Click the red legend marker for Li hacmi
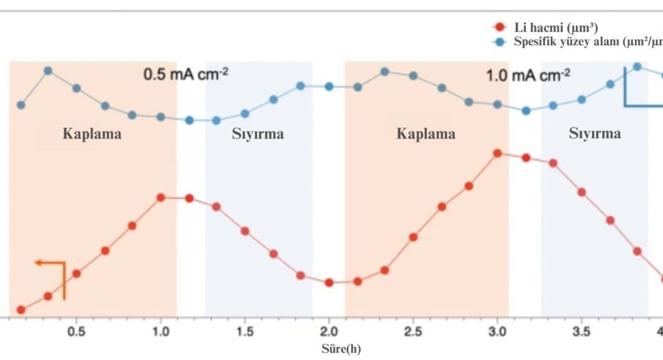(x=498, y=27)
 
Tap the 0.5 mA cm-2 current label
(x=186, y=74)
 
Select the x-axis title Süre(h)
(x=340, y=348)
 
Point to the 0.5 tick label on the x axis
(x=76, y=331)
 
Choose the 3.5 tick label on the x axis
(x=582, y=331)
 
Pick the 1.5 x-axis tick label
(x=245, y=331)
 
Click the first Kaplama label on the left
(x=92, y=134)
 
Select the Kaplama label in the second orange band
(x=426, y=134)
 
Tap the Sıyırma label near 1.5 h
(x=258, y=134)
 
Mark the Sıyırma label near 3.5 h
(x=595, y=133)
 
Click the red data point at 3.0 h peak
(x=497, y=153)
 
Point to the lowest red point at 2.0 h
(x=329, y=282)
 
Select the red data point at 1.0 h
(x=161, y=197)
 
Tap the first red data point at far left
(x=20, y=310)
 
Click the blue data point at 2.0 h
(x=329, y=86)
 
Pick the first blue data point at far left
(x=20, y=105)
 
